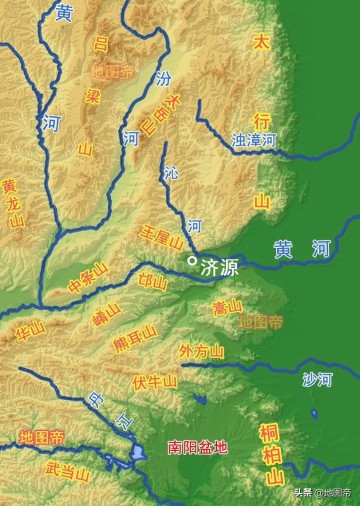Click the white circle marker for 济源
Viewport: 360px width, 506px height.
[191, 261]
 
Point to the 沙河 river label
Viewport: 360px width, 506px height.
[318, 379]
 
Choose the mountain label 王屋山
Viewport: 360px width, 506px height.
[163, 240]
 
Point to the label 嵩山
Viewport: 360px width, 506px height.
[228, 306]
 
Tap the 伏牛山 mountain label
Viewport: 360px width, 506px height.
[155, 381]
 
